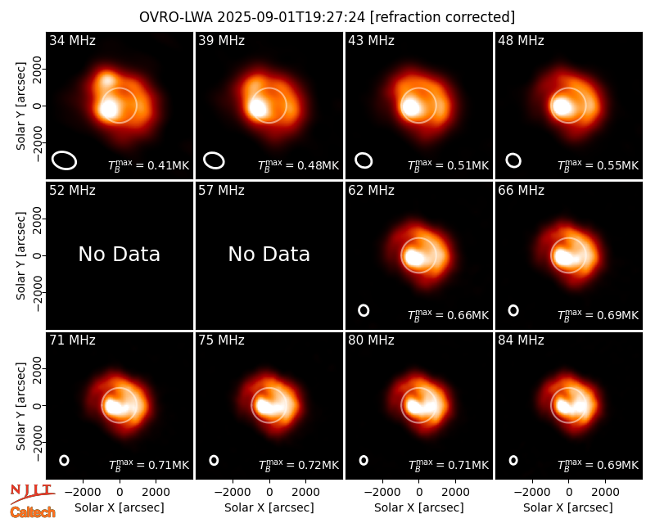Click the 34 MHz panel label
[72, 40]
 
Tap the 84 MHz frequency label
[521, 340]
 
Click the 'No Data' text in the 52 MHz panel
[119, 254]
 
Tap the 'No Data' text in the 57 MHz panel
[269, 254]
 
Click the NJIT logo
[32, 493]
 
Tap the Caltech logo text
[33, 512]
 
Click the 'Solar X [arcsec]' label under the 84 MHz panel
[568, 507]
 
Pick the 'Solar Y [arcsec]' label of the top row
[20, 106]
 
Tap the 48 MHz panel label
[521, 40]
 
